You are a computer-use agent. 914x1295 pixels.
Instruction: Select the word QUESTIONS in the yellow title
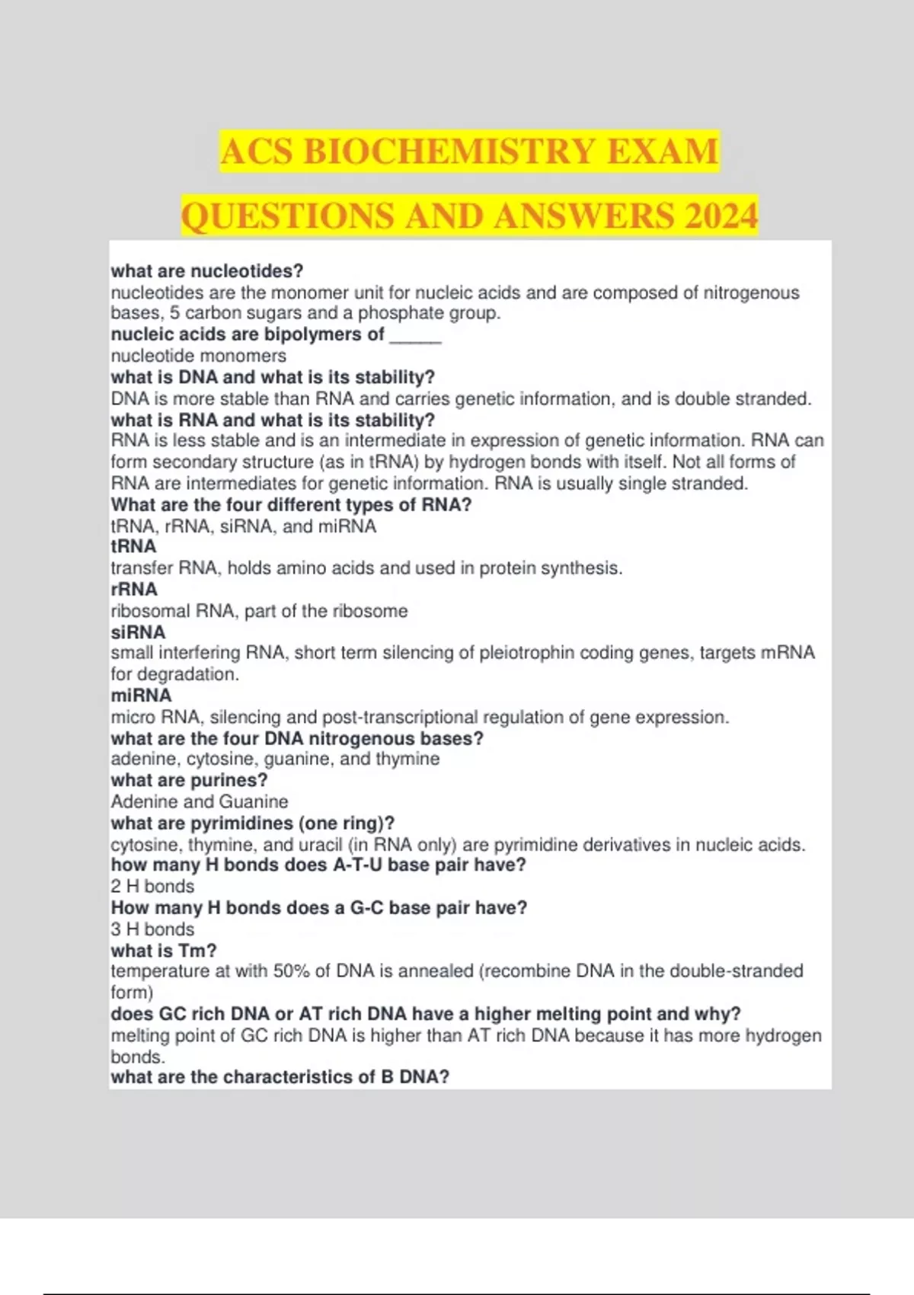click(x=288, y=216)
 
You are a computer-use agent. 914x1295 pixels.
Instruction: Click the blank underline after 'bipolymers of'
click(x=415, y=336)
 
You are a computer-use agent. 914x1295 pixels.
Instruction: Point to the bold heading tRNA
click(x=133, y=546)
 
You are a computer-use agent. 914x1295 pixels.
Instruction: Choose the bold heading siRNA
click(x=138, y=632)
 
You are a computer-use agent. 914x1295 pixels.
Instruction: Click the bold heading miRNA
click(x=141, y=695)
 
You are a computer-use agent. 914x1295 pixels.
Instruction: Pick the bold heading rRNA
click(x=134, y=590)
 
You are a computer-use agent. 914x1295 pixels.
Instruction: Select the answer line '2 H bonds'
click(x=152, y=887)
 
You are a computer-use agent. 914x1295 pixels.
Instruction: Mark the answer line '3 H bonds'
click(x=152, y=929)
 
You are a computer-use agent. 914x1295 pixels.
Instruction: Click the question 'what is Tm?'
click(x=164, y=951)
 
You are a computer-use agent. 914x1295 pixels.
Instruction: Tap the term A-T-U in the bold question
click(x=358, y=865)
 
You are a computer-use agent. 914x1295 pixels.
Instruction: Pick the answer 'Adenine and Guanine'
click(x=200, y=802)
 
